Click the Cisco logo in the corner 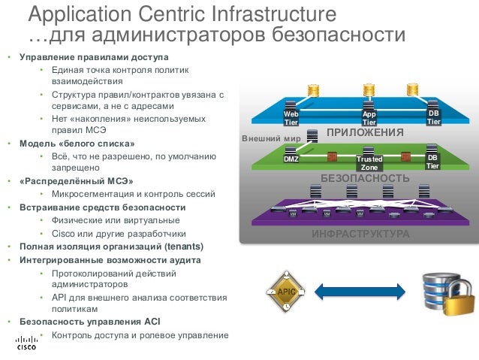coord(26,344)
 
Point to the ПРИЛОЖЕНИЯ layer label coord(365,133)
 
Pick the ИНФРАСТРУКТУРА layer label coord(360,234)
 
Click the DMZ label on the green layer coord(291,159)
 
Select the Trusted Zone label coord(369,163)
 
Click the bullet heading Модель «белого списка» coord(77,144)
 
